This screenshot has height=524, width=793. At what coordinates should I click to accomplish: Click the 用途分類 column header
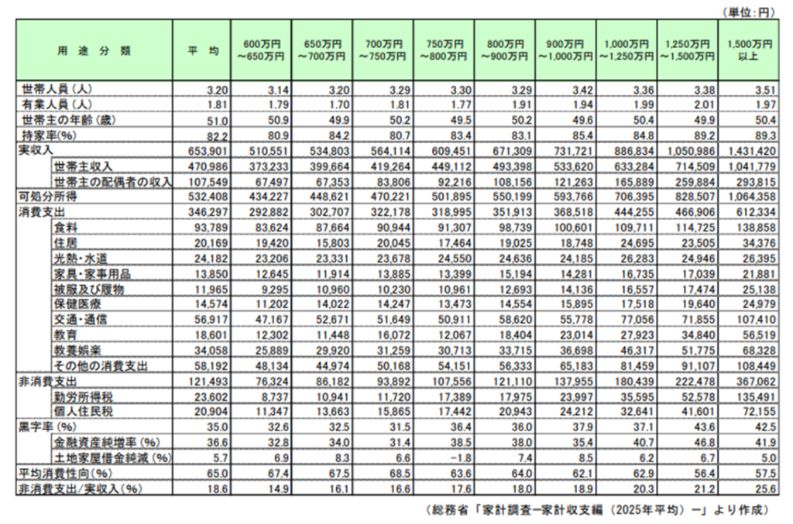(94, 50)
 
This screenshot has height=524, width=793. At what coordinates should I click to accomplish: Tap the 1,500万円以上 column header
(747, 50)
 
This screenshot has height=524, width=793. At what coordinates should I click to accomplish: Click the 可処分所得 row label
(46, 196)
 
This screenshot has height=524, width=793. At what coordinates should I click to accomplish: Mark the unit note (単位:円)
(748, 12)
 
